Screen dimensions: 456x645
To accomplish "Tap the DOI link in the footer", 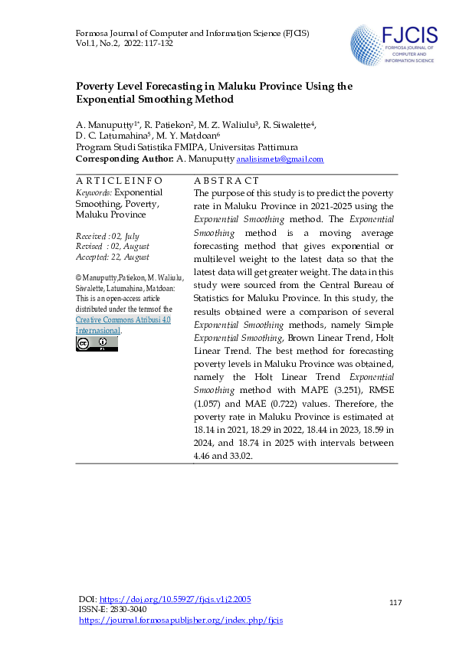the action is tap(176, 598).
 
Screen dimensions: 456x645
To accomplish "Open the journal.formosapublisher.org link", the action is tap(181, 620).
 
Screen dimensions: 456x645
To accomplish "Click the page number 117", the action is tap(395, 604).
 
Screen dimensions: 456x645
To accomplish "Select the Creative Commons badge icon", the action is tap(97, 344).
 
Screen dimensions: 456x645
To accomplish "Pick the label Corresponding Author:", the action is tap(124, 159).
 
